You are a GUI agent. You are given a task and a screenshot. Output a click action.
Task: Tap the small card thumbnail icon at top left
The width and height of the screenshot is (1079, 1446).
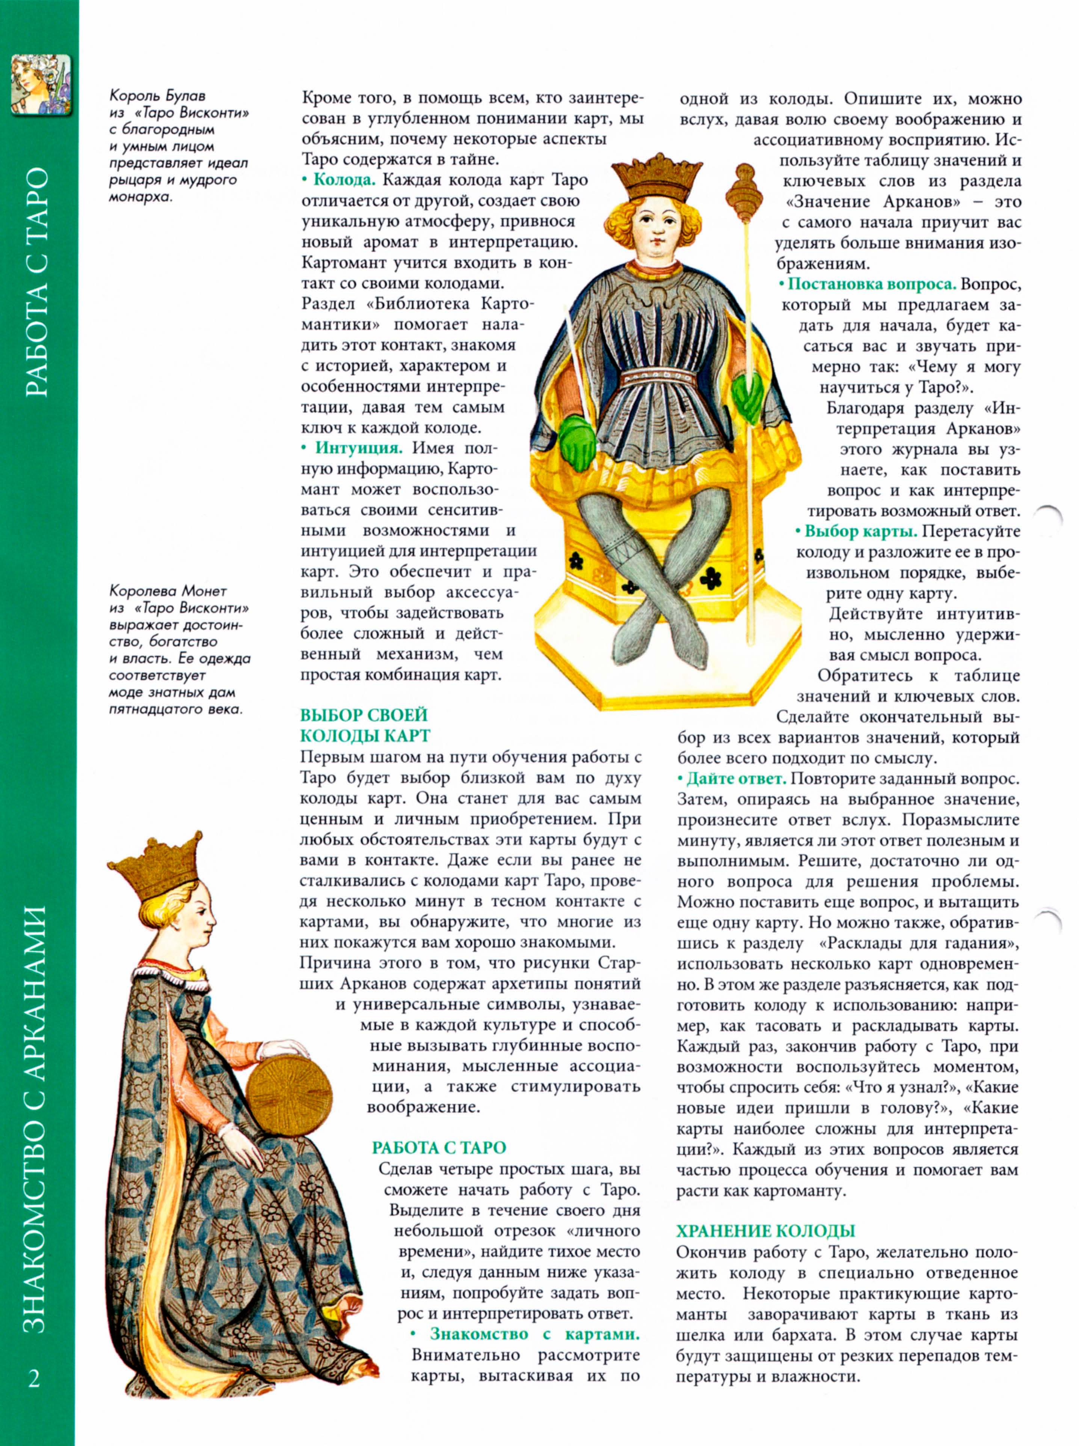point(41,85)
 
